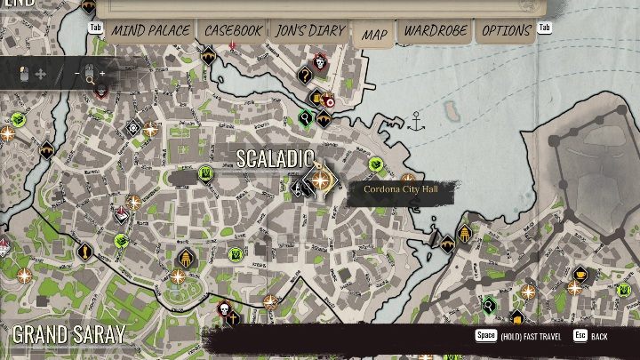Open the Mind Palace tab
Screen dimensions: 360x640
coord(150,30)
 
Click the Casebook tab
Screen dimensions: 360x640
coord(233,30)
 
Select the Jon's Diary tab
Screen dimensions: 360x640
coord(310,30)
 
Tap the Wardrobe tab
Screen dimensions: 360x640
coord(436,30)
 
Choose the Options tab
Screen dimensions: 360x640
coord(507,30)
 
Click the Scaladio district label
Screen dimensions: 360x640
coord(275,158)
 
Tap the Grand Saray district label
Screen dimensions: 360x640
coord(68,335)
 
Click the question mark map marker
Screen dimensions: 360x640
coord(306,75)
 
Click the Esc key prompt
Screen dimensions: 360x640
coord(580,336)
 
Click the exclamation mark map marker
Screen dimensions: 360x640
coord(85,252)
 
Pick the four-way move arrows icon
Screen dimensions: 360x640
coord(40,73)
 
